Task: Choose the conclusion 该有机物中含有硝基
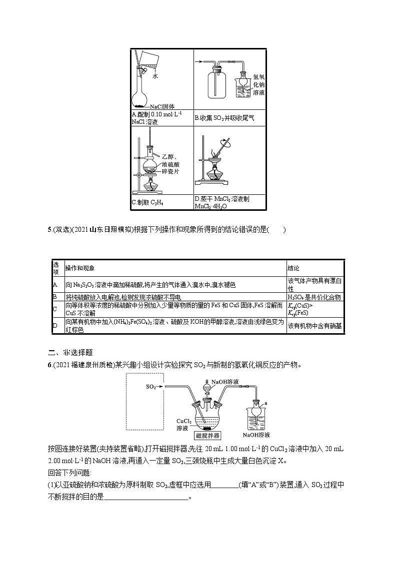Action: (314, 326)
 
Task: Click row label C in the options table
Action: (55, 309)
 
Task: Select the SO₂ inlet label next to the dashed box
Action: (151, 387)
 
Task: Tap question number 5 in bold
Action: (49, 230)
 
